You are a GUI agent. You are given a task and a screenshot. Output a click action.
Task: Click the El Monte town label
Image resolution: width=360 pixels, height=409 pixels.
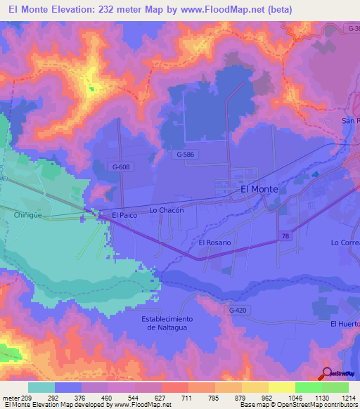point(259,190)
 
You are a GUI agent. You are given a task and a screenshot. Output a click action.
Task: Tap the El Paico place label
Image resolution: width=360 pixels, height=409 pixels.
point(124,215)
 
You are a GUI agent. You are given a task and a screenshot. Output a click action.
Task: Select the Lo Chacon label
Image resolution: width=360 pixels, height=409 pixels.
point(167,210)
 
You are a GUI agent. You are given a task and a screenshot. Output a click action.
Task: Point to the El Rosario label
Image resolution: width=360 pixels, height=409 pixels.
point(215,242)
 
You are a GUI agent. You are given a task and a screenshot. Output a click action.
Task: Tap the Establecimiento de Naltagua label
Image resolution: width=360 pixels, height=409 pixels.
point(167,323)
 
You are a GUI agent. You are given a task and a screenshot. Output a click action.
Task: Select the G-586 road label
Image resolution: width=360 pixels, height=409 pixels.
point(186,154)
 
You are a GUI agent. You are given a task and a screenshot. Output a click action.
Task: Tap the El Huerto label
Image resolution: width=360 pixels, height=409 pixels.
point(345,323)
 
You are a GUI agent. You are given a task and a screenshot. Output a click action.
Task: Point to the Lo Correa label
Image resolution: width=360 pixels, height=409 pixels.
point(345,242)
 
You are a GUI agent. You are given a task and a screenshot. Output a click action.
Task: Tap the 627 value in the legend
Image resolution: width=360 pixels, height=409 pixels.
point(161,396)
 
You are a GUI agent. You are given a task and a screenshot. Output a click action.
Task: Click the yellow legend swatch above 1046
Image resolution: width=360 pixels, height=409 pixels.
point(281,387)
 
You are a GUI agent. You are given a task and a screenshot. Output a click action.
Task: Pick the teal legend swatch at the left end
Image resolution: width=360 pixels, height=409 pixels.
point(41,387)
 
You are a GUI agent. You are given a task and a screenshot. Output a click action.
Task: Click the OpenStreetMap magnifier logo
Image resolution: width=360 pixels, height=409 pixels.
point(328,373)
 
